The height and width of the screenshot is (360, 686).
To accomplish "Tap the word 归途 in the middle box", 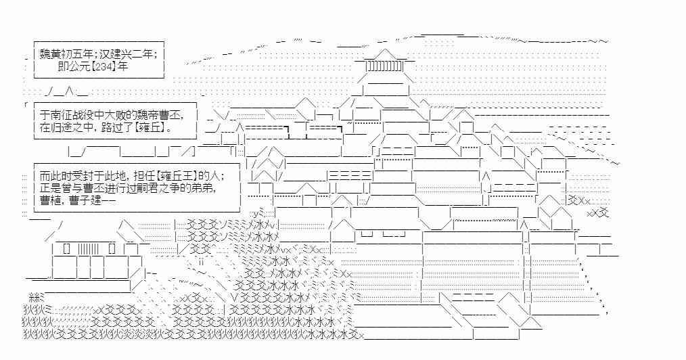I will pos(62,127).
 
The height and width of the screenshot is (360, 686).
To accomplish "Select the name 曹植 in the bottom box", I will pos(51,200).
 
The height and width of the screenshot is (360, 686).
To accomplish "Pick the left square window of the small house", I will pos(66,248).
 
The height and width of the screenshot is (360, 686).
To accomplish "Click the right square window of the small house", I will pos(112,248).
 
